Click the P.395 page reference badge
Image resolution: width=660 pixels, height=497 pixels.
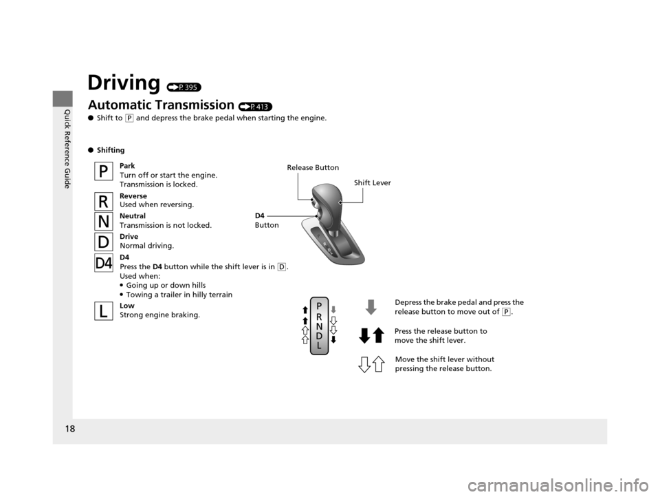[x=184, y=87]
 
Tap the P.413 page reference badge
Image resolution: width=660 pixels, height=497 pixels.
[x=255, y=107]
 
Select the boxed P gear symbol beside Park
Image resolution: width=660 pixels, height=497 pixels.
[x=103, y=171]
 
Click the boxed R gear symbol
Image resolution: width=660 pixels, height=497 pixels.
[x=103, y=201]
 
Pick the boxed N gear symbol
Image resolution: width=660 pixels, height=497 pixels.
[x=103, y=222]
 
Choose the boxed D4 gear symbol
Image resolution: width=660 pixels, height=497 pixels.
[x=103, y=263]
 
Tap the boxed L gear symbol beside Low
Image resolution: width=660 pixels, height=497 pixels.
[x=103, y=311]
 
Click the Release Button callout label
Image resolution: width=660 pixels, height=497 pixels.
[x=313, y=168]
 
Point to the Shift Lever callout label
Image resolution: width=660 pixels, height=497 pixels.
[x=372, y=182]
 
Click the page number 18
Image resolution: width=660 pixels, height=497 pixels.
[x=70, y=429]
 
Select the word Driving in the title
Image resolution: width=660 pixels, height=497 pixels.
[x=124, y=83]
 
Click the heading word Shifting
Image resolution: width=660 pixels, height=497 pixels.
[x=111, y=150]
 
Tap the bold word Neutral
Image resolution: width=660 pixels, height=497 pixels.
[x=133, y=216]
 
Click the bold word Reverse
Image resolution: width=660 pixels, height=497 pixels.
[x=133, y=195]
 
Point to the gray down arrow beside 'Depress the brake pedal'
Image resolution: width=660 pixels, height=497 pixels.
[x=371, y=307]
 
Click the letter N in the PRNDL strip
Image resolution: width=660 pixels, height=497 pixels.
[x=319, y=326]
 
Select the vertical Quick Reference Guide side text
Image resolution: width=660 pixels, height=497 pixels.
[x=67, y=149]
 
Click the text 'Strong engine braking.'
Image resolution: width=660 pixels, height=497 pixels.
[x=160, y=315]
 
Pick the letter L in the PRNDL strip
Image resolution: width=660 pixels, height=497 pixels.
[x=319, y=346]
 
